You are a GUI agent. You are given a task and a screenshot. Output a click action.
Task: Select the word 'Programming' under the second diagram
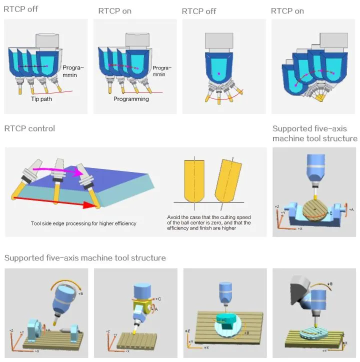click(x=131, y=99)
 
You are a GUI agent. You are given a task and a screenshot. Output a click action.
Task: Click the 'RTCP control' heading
click(x=29, y=128)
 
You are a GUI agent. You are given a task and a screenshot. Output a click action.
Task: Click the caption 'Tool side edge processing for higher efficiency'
click(x=83, y=223)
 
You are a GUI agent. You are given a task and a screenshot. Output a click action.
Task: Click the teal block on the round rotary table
click(x=227, y=319)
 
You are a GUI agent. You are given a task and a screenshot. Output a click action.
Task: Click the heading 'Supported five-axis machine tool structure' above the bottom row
click(x=85, y=258)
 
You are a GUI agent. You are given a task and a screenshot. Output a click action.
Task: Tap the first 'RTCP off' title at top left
click(x=20, y=9)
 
